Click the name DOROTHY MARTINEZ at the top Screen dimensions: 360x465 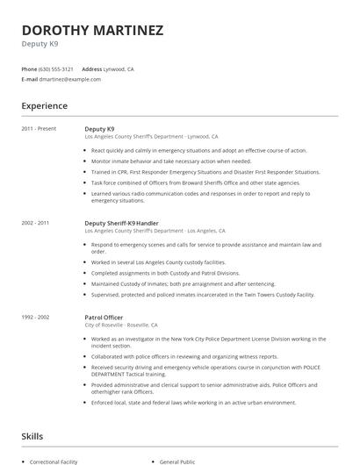pyautogui.click(x=92, y=31)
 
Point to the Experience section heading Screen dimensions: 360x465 pyautogui.click(x=45, y=106)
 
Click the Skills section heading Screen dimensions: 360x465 pyautogui.click(x=32, y=436)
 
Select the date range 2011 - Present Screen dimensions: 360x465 pyautogui.click(x=39, y=129)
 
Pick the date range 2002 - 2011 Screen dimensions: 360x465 pyautogui.click(x=36, y=224)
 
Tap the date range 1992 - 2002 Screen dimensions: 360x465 pyautogui.click(x=36, y=318)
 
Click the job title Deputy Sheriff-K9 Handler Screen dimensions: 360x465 pyautogui.click(x=123, y=224)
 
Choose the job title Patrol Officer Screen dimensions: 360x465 pyautogui.click(x=104, y=318)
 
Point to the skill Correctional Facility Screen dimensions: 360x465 pyautogui.click(x=55, y=461)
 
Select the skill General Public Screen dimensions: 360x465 pyautogui.click(x=176, y=461)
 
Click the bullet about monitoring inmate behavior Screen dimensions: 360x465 pyautogui.click(x=171, y=161)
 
